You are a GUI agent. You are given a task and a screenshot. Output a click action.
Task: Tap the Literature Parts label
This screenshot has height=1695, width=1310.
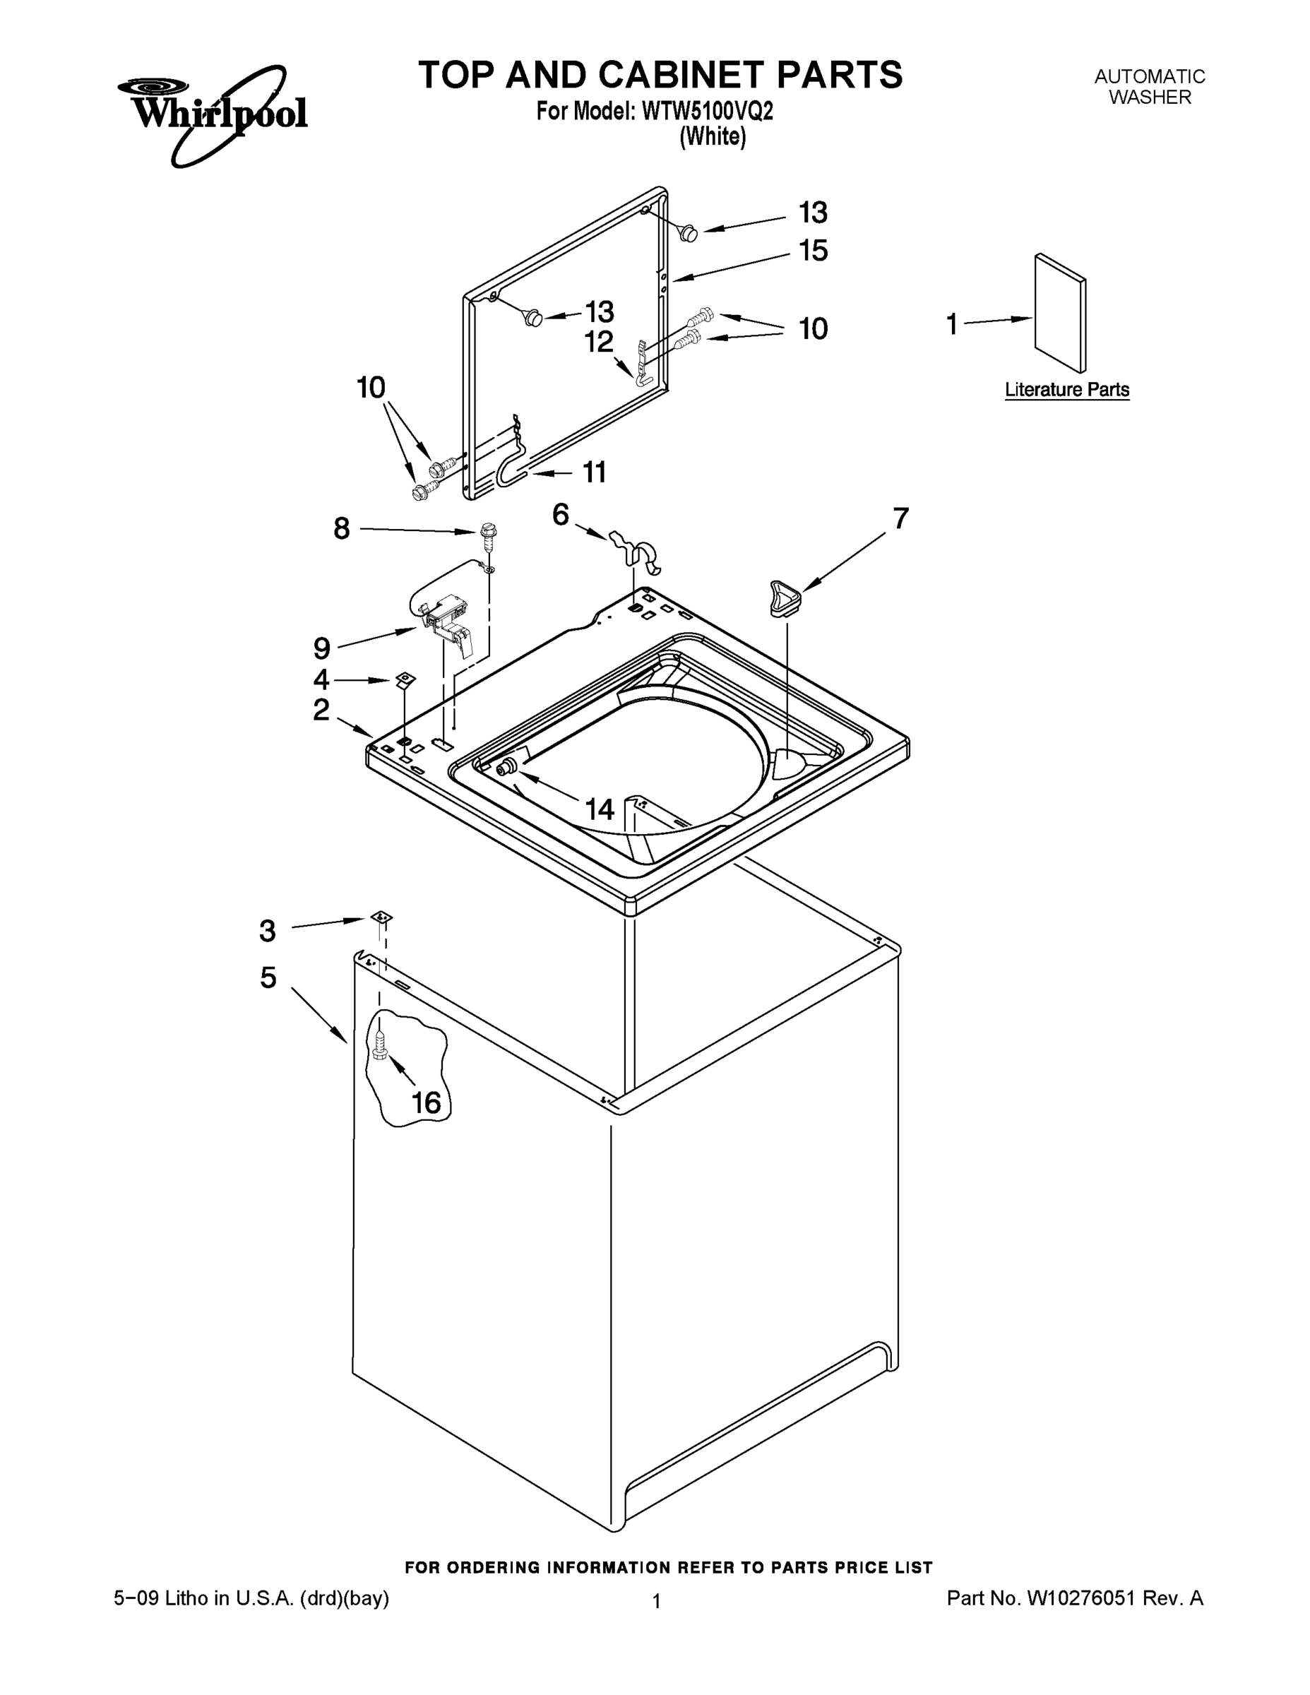point(1067,390)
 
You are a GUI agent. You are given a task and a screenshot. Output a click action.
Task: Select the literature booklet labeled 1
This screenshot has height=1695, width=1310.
point(1059,313)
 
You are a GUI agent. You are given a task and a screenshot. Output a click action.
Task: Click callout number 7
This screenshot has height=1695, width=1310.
point(900,518)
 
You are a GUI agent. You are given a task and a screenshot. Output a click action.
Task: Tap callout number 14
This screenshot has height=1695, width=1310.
point(599,809)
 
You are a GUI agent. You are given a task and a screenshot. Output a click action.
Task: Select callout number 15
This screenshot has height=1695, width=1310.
point(814,251)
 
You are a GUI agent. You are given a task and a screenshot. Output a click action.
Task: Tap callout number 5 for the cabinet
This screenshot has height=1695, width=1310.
point(268,978)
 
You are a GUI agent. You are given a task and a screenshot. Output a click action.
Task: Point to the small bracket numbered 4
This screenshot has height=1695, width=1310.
point(405,680)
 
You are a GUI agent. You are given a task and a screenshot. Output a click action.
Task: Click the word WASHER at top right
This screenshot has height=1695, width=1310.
point(1150,97)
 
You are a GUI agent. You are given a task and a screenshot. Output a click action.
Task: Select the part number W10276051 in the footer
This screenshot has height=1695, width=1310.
point(1080,1598)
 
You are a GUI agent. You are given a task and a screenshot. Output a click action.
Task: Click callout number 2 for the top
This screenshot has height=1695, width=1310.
point(321,709)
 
